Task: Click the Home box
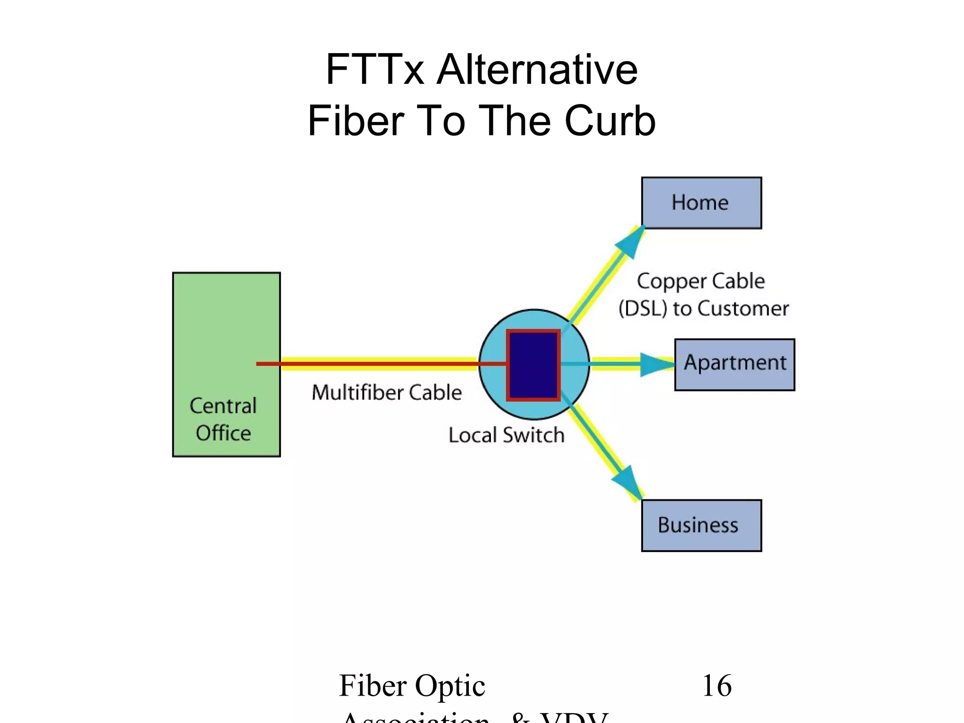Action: click(x=701, y=203)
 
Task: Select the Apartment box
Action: click(x=734, y=364)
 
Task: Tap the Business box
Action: click(x=701, y=525)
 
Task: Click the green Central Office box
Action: click(x=226, y=329)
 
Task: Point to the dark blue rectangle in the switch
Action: click(x=533, y=365)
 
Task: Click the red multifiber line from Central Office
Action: click(x=377, y=364)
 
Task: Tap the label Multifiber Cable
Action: click(x=386, y=393)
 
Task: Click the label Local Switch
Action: click(x=506, y=435)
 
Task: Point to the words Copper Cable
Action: click(x=700, y=281)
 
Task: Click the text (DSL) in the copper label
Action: click(x=643, y=309)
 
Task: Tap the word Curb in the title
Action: click(x=610, y=121)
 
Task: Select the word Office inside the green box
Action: click(x=223, y=433)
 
